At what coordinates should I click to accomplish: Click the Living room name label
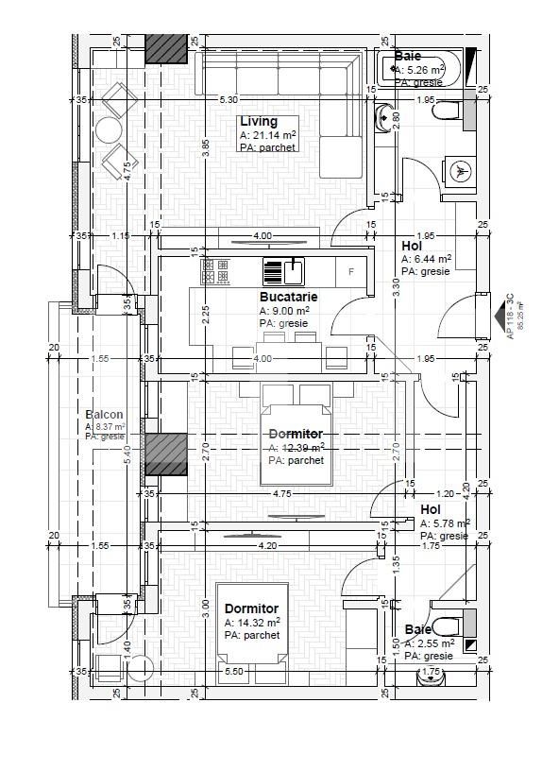tap(259, 122)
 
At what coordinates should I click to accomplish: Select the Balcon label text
tap(104, 415)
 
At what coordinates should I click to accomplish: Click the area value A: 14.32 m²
tap(251, 623)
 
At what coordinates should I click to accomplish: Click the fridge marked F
tap(351, 272)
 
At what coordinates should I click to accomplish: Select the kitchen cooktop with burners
tap(215, 271)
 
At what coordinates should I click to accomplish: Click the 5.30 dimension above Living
tap(228, 99)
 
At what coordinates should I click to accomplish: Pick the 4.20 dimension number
tap(267, 545)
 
